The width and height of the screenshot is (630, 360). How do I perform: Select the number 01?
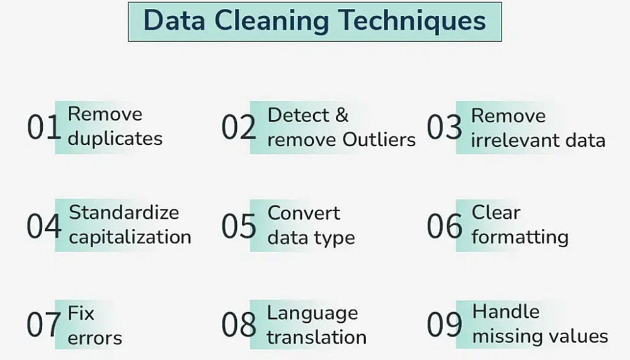(x=44, y=127)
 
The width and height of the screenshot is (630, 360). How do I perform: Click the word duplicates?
(x=115, y=139)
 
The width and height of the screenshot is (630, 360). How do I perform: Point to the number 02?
(x=239, y=127)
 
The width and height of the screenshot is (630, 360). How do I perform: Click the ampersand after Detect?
(x=341, y=115)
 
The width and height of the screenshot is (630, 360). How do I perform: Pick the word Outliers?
(x=379, y=139)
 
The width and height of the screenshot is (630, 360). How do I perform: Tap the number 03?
(x=444, y=127)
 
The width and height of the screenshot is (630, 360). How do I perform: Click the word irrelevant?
(x=514, y=141)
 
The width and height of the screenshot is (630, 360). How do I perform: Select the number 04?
(x=44, y=226)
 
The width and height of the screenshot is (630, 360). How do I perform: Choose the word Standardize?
(x=123, y=212)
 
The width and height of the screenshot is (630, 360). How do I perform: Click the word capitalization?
(x=130, y=237)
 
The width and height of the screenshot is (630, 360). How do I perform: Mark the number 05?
(x=239, y=226)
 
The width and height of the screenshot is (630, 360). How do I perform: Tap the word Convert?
(x=304, y=213)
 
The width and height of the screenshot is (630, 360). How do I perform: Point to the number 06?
(x=444, y=226)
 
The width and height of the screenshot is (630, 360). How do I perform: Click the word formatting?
(x=520, y=237)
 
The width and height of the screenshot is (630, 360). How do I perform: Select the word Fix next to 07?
(x=81, y=313)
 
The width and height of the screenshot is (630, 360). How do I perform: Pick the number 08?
(x=239, y=325)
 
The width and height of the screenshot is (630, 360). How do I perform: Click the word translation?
(x=317, y=337)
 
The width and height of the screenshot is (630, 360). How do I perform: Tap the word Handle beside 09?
(x=506, y=311)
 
